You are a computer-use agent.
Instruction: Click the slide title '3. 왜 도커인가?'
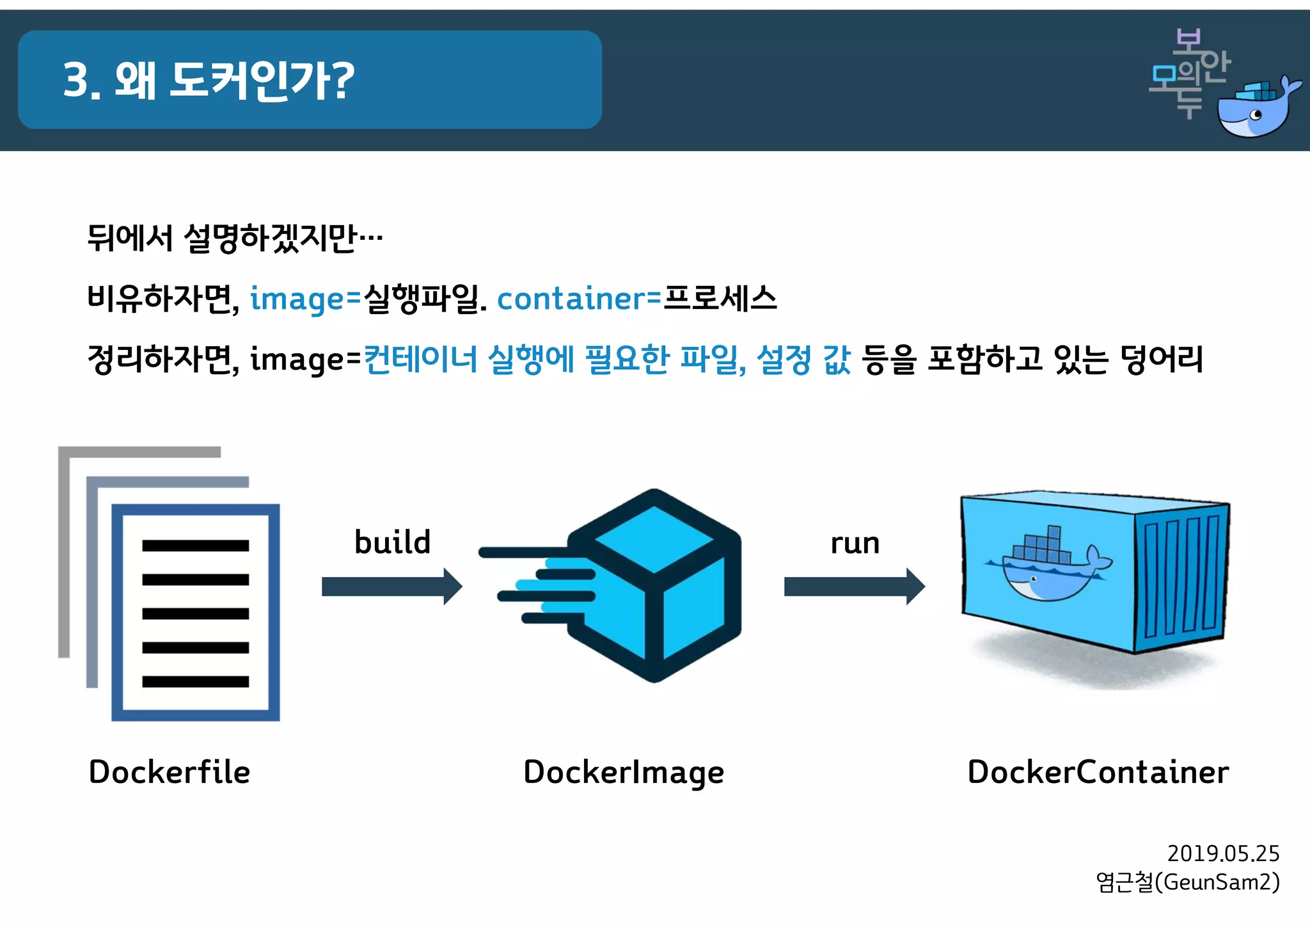point(209,81)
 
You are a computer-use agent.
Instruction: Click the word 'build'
point(392,542)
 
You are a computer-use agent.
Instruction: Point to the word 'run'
point(855,543)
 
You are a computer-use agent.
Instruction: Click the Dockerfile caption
point(170,772)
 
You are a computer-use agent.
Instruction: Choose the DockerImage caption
point(624,772)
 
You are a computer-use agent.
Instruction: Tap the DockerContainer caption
point(1098,772)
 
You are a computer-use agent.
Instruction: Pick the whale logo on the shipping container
point(1049,566)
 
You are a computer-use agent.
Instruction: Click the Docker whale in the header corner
point(1257,109)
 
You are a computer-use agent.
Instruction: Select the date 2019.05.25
point(1223,853)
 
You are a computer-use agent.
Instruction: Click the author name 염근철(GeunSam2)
point(1187,882)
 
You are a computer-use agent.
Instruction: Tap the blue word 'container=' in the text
point(579,299)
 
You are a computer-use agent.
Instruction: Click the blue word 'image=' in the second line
point(306,299)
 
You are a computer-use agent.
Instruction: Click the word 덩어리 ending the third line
point(1162,359)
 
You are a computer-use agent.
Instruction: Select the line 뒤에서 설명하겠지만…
point(235,239)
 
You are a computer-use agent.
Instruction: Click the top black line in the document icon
point(195,546)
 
